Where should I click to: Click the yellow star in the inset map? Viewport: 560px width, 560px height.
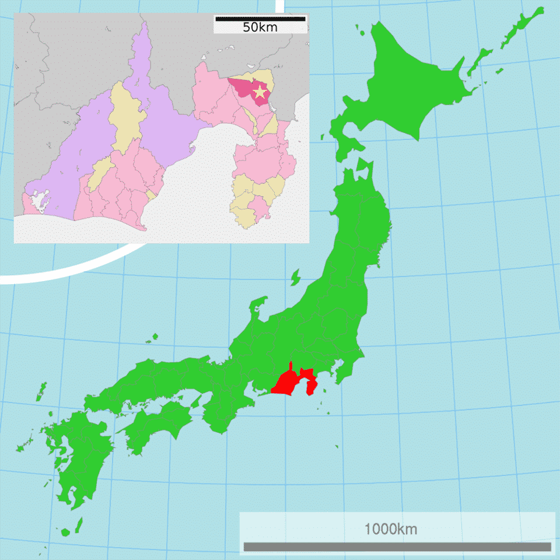[x=260, y=92]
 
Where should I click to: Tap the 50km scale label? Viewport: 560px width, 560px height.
[x=260, y=27]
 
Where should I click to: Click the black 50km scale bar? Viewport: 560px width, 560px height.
[x=260, y=19]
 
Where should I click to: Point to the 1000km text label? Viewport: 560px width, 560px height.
[x=391, y=529]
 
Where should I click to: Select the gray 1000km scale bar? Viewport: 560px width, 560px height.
[x=397, y=547]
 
